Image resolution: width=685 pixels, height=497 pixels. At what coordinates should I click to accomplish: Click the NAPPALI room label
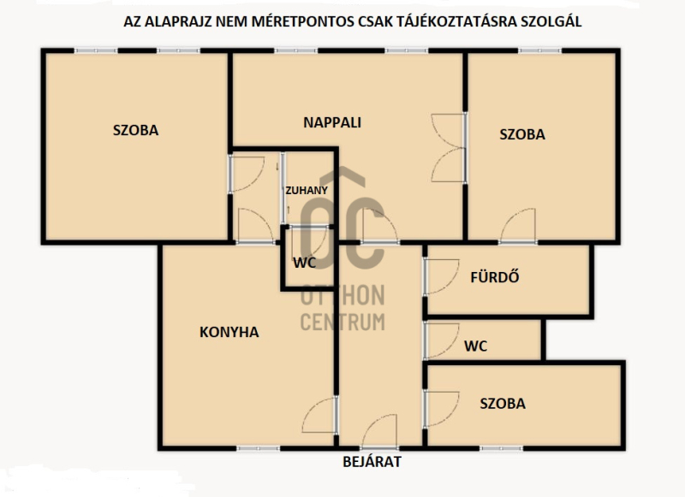point(332,122)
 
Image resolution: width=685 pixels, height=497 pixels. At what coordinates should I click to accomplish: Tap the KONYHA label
point(229,332)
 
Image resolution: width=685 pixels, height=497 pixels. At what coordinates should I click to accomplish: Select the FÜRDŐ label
point(495,276)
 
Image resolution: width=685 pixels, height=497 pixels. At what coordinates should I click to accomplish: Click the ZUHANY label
point(307,190)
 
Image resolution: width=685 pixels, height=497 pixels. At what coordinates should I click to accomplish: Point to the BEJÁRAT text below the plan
point(372,462)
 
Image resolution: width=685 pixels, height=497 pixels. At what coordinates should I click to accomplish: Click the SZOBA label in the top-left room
point(135,130)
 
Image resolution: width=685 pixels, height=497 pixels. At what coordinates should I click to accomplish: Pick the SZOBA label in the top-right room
point(522,134)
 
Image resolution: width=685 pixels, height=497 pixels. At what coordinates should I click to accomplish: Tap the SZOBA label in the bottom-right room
point(503,404)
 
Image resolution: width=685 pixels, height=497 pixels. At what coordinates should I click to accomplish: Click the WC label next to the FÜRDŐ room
point(475,346)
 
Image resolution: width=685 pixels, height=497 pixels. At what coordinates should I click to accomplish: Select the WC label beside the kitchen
point(304,263)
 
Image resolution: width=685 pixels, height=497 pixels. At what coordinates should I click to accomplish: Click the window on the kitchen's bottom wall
point(259,448)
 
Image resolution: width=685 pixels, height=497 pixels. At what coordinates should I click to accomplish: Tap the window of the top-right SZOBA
point(540,51)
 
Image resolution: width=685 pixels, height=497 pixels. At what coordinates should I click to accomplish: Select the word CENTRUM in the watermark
point(342,322)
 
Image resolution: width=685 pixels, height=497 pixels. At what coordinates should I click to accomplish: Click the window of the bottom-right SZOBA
point(502,448)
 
